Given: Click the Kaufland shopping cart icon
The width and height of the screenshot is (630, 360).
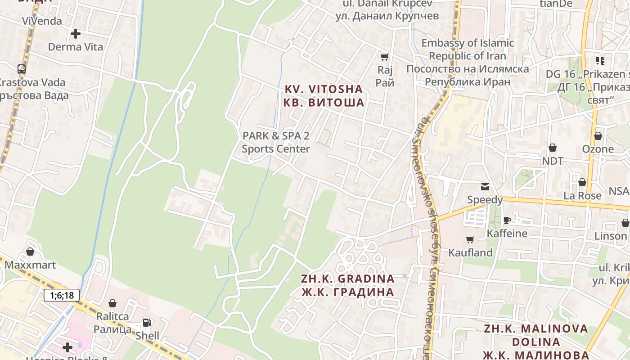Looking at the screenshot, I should pyautogui.click(x=470, y=239).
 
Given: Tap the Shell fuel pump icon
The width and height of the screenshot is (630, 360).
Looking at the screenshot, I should pyautogui.click(x=147, y=322).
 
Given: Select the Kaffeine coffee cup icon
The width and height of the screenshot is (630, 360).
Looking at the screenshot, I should pyautogui.click(x=507, y=220).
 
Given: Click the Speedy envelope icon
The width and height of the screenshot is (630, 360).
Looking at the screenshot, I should pyautogui.click(x=485, y=187).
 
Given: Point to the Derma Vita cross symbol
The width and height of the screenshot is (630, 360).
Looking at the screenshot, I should pyautogui.click(x=76, y=33).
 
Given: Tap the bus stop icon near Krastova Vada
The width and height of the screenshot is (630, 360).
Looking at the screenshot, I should pyautogui.click(x=22, y=69).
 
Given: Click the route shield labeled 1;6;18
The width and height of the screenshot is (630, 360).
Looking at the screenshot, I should pyautogui.click(x=62, y=295).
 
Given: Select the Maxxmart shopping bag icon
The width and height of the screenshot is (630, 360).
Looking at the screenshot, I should pyautogui.click(x=30, y=252).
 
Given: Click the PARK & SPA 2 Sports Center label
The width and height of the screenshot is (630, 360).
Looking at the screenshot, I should pyautogui.click(x=276, y=142).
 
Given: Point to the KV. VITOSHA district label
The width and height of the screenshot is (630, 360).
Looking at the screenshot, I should pyautogui.click(x=324, y=96).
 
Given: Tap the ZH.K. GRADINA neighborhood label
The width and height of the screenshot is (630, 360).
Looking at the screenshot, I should pyautogui.click(x=348, y=285).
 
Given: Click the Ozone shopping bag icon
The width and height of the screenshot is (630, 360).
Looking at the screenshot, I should pyautogui.click(x=598, y=135).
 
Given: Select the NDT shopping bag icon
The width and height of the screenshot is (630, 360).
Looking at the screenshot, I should pyautogui.click(x=553, y=148).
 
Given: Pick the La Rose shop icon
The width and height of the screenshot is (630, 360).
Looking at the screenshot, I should pyautogui.click(x=582, y=182).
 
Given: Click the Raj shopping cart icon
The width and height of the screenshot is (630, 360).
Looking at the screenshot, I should pyautogui.click(x=385, y=57).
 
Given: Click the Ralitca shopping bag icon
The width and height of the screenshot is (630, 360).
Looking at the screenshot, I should pyautogui.click(x=112, y=303).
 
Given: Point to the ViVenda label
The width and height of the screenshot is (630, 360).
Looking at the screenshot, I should pyautogui.click(x=42, y=21).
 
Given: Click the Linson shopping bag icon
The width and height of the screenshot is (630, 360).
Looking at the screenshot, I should pyautogui.click(x=625, y=223).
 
